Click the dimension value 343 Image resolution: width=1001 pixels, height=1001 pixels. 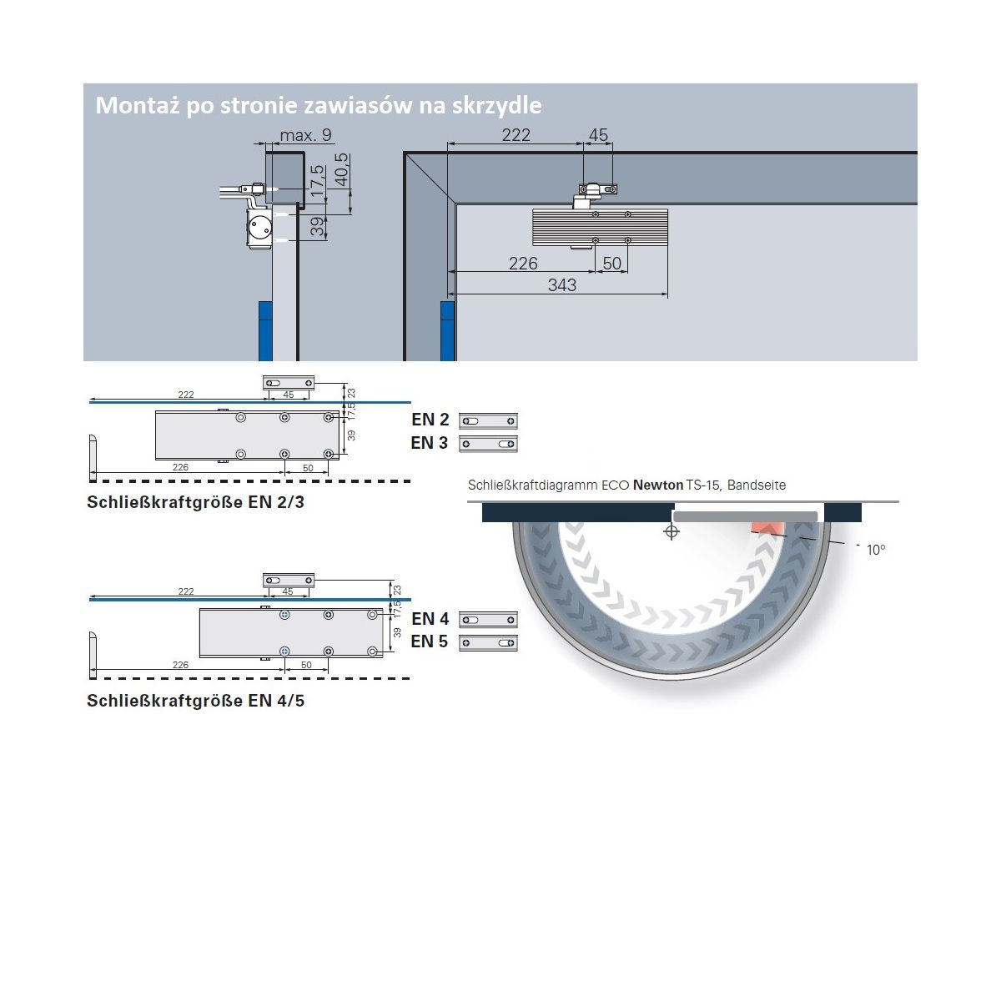[x=562, y=285]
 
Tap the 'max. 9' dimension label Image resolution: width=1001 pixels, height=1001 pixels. [x=305, y=135]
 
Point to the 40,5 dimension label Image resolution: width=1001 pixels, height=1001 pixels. [x=342, y=169]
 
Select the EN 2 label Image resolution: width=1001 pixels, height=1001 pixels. [x=430, y=420]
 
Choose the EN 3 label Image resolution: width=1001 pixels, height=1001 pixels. [x=430, y=443]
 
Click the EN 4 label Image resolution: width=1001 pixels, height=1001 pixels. [x=430, y=619]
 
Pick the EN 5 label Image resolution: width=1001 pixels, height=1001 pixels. [x=430, y=641]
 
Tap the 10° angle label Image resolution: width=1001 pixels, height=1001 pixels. [x=875, y=550]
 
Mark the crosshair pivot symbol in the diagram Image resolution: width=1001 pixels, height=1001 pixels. [x=672, y=532]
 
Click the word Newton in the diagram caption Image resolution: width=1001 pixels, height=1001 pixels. [x=657, y=485]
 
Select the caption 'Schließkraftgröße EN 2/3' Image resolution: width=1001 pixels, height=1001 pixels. [x=195, y=502]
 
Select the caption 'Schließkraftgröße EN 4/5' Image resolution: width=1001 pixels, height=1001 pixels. [x=195, y=701]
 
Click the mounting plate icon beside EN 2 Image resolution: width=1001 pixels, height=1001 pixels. [x=488, y=421]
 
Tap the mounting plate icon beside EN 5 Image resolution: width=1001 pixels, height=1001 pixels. [x=488, y=643]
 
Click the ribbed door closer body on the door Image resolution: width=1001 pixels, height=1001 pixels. [x=600, y=229]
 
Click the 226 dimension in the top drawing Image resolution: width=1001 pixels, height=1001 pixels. [x=523, y=264]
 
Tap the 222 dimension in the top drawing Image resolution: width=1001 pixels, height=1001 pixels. [x=516, y=135]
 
